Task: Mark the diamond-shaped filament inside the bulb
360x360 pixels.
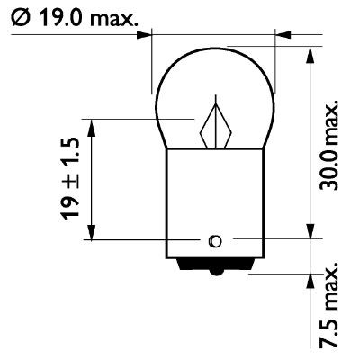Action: tap(217, 125)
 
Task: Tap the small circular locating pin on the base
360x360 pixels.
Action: tap(214, 240)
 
